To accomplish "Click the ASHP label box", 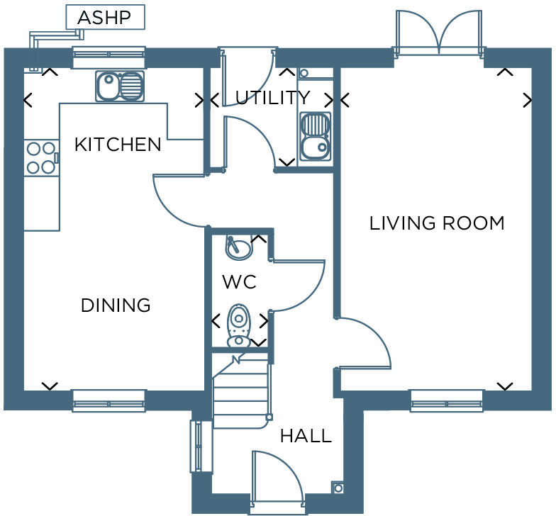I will tap(105, 18).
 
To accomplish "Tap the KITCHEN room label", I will tap(118, 145).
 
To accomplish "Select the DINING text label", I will tap(116, 305).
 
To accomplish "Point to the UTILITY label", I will tap(272, 98).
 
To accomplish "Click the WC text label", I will tap(239, 282).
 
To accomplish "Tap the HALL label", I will tap(306, 435).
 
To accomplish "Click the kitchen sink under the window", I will tap(120, 86).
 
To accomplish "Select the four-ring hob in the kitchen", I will tap(40, 158).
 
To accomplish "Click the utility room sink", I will tap(314, 136).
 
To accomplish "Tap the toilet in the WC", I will tap(239, 325).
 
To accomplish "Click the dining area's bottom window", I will tap(109, 401).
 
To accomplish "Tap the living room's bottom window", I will tap(447, 401).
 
